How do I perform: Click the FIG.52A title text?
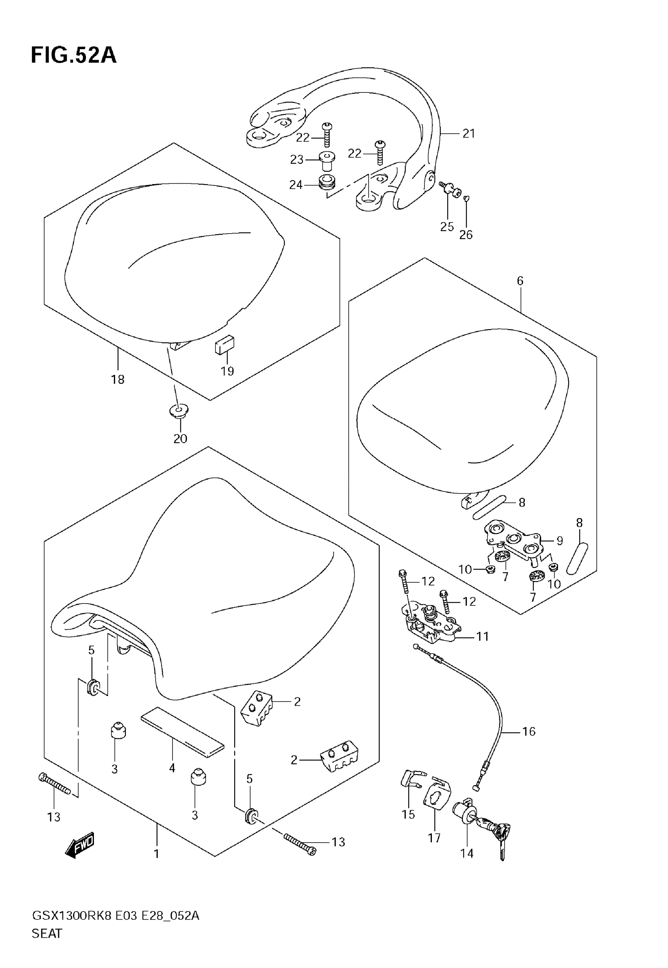(73, 55)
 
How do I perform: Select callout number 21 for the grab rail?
(469, 134)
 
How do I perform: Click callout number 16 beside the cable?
(529, 731)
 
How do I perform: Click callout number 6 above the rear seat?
(520, 281)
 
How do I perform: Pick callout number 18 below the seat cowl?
(117, 379)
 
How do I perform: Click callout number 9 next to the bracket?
(560, 541)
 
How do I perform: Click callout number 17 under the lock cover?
(434, 838)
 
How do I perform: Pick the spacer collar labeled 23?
(327, 160)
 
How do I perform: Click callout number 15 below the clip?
(408, 814)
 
